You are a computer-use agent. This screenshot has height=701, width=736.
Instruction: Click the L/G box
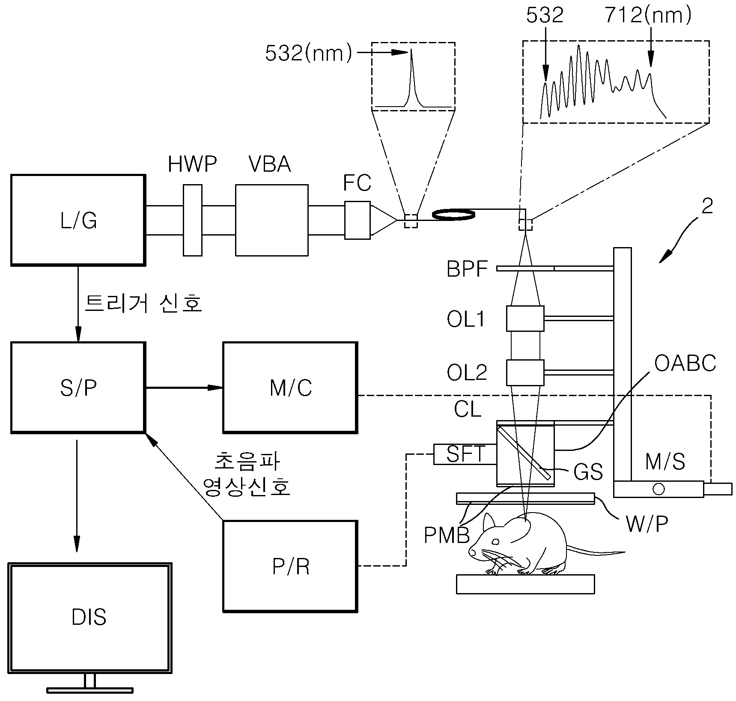coord(78,220)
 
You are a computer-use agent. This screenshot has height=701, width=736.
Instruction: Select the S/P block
coord(78,387)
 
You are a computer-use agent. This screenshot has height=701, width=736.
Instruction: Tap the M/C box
coord(290,387)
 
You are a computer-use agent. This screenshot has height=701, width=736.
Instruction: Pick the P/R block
coord(290,566)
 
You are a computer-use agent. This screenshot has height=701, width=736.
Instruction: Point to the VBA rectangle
coord(271,220)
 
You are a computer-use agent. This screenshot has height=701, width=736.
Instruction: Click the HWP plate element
coord(193,220)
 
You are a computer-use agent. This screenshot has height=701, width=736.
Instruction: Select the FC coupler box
coord(358,220)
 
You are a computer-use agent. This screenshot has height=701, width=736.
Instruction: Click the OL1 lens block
coord(525,319)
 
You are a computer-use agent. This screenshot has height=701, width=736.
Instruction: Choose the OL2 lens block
coord(525,373)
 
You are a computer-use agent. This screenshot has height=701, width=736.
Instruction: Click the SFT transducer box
coord(465,454)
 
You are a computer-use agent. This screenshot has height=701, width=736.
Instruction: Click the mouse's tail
coord(595,551)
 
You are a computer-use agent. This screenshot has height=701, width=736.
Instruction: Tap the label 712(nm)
coord(648,15)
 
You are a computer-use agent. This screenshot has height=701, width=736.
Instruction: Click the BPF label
coord(467,269)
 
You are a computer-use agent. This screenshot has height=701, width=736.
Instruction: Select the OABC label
coord(685,364)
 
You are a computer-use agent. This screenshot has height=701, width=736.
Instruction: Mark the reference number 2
coord(707,206)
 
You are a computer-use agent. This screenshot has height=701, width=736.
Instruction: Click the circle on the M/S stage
coord(658,489)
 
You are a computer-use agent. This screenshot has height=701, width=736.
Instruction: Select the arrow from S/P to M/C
coord(185,388)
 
